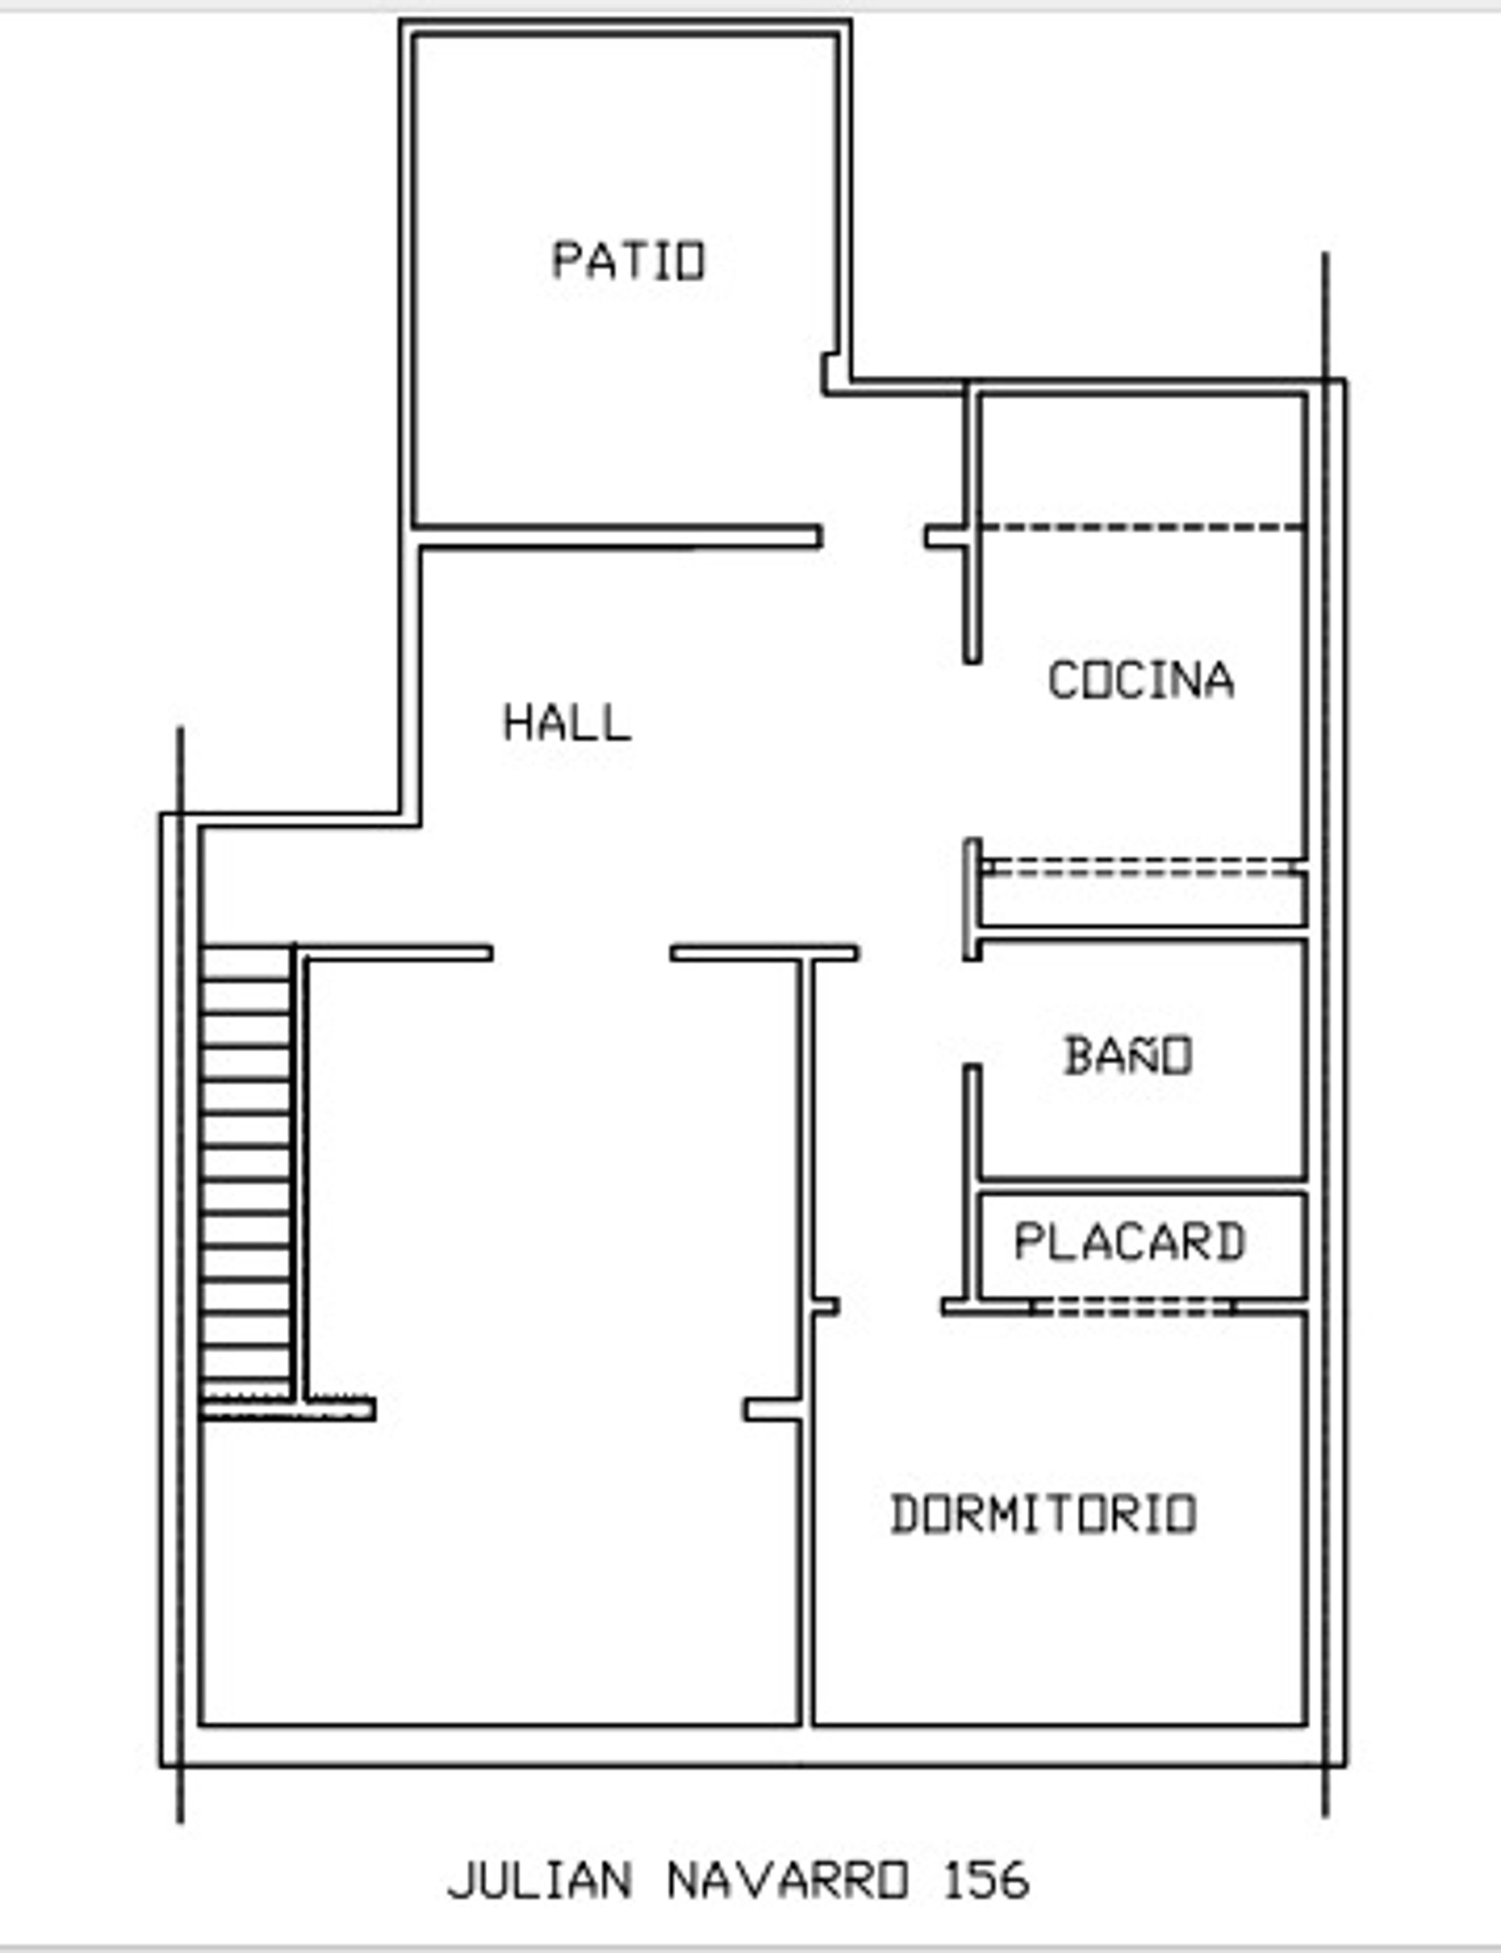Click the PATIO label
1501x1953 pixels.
coord(629,261)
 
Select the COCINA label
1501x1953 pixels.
coord(1141,680)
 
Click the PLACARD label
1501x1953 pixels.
coord(1130,1241)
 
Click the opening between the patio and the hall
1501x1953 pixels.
coord(873,536)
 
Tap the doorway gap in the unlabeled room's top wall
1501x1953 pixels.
coord(582,952)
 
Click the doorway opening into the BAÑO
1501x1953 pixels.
coord(972,1012)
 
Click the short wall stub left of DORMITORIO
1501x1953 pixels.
coord(774,1409)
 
